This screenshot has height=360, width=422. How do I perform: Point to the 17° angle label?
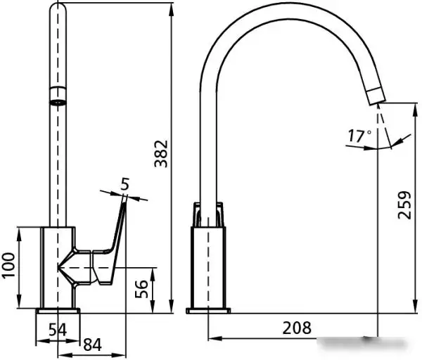coord(359,135)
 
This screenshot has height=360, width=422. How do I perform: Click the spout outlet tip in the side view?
coord(375,98)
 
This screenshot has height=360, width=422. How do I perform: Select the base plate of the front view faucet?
coord(58,310)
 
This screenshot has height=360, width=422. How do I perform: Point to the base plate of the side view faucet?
coord(208,310)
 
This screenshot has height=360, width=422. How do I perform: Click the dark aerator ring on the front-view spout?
coord(59,97)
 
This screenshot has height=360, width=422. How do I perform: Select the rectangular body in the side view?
coord(208,267)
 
